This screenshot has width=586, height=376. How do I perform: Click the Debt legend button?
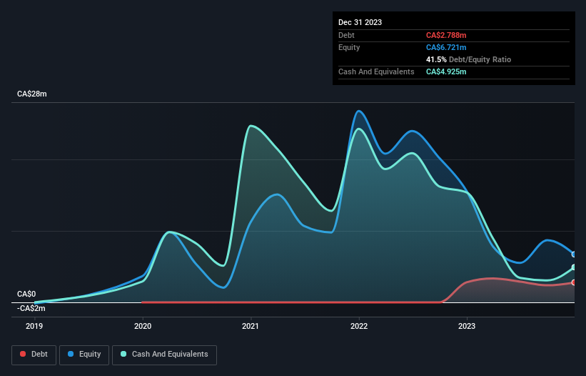(x=34, y=354)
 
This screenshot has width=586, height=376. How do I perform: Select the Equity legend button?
(x=84, y=354)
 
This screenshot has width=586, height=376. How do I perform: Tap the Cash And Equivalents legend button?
(x=164, y=354)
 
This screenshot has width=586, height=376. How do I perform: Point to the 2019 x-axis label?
(x=34, y=326)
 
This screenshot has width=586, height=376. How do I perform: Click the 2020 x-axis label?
(x=143, y=326)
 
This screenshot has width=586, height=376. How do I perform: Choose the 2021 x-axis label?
(x=251, y=326)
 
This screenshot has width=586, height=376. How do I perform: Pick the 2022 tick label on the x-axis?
(x=358, y=326)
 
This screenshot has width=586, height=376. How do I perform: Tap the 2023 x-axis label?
(x=467, y=326)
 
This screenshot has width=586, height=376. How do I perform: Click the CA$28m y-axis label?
(x=31, y=94)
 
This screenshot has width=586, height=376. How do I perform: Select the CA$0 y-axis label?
(x=26, y=294)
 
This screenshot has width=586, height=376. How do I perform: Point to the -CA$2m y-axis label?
(x=31, y=308)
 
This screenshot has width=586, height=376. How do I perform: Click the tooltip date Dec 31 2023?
(x=360, y=22)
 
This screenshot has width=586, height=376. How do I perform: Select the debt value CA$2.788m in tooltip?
(x=446, y=35)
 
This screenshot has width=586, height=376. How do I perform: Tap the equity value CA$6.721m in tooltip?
(x=446, y=47)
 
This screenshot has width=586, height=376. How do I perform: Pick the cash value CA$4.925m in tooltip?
(x=446, y=71)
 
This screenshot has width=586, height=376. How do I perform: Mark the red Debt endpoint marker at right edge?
(x=573, y=282)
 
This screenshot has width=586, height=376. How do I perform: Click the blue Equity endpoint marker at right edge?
(x=573, y=254)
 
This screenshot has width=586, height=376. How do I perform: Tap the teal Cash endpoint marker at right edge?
(x=573, y=267)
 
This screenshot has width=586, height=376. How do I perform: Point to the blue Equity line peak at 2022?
(x=359, y=111)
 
